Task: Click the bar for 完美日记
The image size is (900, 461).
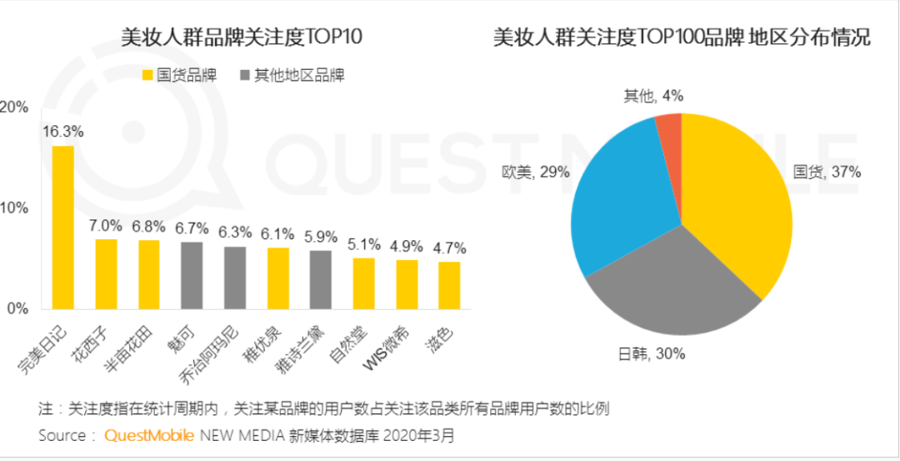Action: [62, 227]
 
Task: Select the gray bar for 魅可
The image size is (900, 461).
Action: [192, 275]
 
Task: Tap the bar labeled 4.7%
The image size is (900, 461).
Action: [449, 284]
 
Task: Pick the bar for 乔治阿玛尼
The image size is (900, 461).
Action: [235, 278]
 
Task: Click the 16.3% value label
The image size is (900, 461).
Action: [62, 131]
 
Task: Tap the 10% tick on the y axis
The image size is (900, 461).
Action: [16, 208]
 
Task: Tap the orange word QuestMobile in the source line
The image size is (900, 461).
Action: [148, 435]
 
